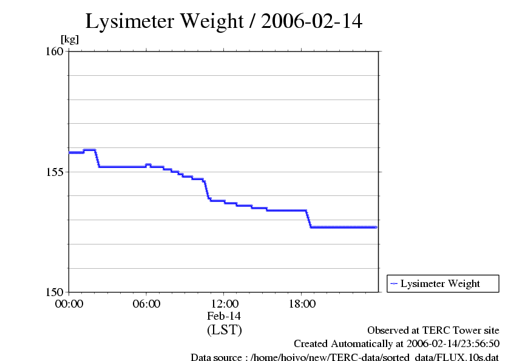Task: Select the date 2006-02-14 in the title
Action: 312,21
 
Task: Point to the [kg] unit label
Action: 69,39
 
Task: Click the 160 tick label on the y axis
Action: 55,51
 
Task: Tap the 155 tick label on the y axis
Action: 55,172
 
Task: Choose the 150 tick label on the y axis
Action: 55,292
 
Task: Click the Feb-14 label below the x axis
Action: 224,316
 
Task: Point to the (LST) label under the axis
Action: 224,330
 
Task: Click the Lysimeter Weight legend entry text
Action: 440,283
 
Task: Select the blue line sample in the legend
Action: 394,283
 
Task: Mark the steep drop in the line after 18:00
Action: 309,219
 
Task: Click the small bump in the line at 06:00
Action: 148,164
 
